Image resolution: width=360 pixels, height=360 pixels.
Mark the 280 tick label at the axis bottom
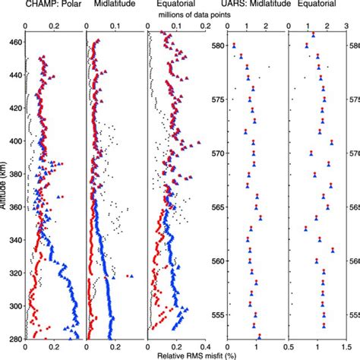click(14, 338)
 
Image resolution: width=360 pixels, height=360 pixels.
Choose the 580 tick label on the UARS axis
click(217, 46)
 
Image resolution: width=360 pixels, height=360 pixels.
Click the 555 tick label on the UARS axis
click(217, 314)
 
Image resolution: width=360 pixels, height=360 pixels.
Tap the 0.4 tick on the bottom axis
click(207, 346)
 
